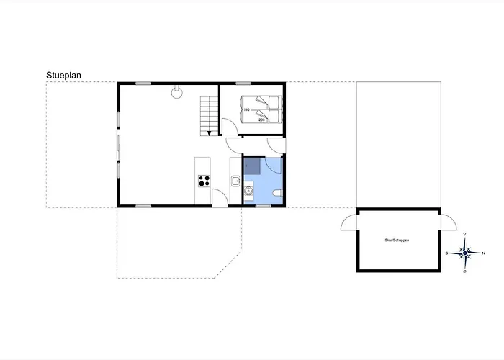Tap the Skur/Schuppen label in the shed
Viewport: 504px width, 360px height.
(397, 240)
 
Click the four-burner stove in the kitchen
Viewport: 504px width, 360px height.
(203, 181)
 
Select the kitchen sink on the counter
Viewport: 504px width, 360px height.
(235, 181)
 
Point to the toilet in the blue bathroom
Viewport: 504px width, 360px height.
(277, 194)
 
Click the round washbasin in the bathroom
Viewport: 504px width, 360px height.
(249, 191)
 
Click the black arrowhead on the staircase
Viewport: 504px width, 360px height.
(209, 133)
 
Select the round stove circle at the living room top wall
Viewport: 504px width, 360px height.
(176, 91)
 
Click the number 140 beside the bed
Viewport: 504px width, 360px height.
(246, 109)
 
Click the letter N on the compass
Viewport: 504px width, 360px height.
(483, 253)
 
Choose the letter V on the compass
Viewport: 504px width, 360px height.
(465, 235)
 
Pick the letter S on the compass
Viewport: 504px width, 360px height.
(446, 253)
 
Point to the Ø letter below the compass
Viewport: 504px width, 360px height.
(465, 271)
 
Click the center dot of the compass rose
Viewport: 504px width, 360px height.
(465, 253)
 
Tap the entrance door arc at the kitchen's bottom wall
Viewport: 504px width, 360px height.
(220, 199)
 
